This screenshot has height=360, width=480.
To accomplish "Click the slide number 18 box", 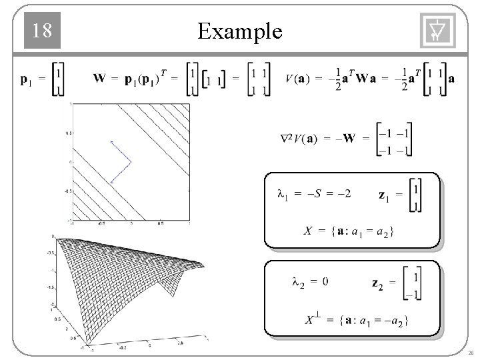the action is click(x=42, y=31).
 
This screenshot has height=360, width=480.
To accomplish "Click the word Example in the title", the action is click(x=240, y=31).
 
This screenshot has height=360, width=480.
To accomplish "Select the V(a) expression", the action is click(x=297, y=79).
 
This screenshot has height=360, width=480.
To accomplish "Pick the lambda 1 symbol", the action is click(x=282, y=195).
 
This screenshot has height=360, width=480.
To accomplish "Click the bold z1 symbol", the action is click(x=384, y=195).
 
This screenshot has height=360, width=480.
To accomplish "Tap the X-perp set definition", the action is click(x=357, y=320).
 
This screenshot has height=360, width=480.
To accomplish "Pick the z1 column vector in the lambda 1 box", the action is click(x=415, y=198).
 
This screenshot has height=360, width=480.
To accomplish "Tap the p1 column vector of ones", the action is click(x=59, y=80).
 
